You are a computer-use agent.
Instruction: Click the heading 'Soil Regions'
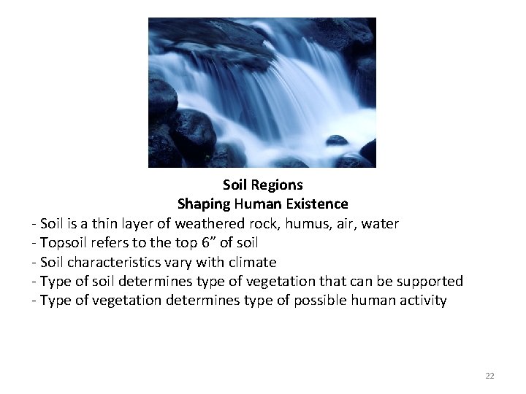click(x=262, y=185)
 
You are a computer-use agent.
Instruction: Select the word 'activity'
click(x=421, y=300)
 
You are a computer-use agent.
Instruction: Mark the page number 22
click(x=489, y=376)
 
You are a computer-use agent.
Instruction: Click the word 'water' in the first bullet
click(x=380, y=223)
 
